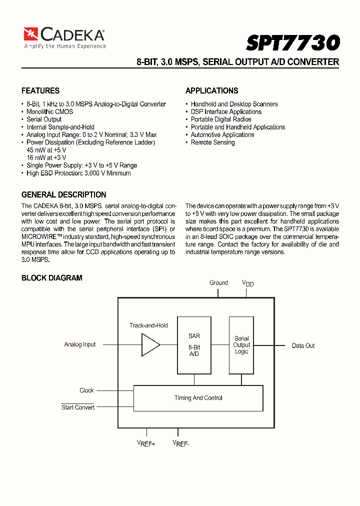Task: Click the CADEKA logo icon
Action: point(31,34)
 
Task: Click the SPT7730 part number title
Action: point(292,42)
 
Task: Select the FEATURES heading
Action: point(40,90)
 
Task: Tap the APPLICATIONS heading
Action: point(211,90)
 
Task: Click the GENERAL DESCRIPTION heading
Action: point(63,194)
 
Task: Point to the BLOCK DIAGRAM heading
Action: point(51,277)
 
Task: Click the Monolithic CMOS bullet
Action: point(49,111)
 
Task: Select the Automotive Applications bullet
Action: point(222,134)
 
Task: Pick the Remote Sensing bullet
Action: point(212,142)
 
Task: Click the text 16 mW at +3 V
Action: point(46,157)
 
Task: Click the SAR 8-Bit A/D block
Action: point(194,345)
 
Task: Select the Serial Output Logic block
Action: point(241,345)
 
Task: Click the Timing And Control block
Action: point(198,398)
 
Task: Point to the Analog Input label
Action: point(80,344)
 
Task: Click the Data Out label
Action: point(303,345)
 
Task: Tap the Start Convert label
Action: point(77,407)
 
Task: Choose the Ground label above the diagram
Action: point(218,283)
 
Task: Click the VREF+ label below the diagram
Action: point(146,443)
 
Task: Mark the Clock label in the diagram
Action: point(86,390)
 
